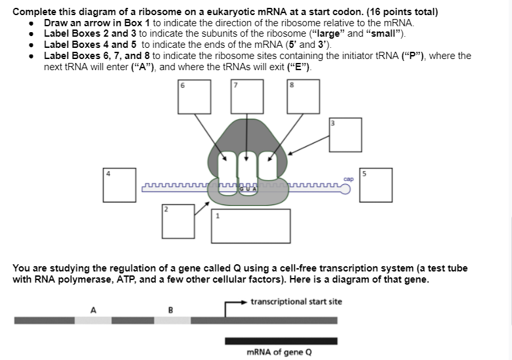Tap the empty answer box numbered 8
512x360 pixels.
[303, 96]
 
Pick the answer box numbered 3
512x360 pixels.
[345, 136]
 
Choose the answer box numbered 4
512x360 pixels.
[121, 186]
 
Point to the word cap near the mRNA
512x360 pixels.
[347, 178]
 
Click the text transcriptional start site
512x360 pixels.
[296, 302]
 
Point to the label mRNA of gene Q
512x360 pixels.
[279, 352]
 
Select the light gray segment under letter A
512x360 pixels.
[92, 321]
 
